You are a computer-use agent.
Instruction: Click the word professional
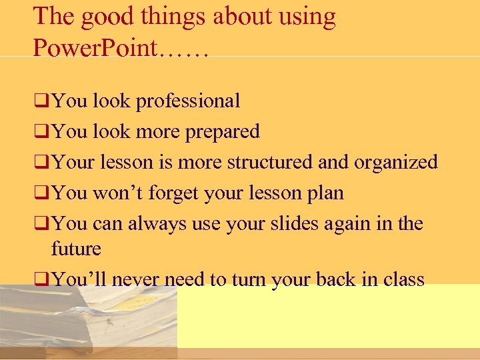click(x=188, y=101)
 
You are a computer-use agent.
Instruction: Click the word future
click(x=76, y=249)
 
